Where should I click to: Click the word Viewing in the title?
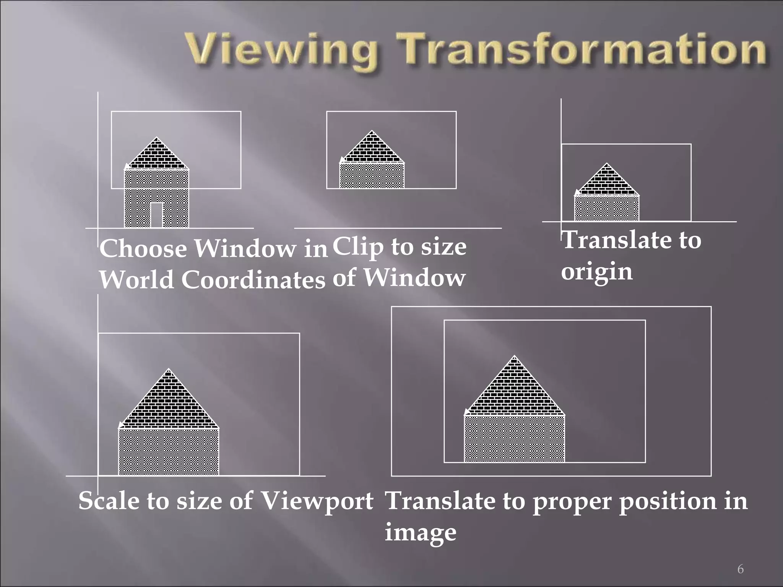281,52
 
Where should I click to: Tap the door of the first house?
156,215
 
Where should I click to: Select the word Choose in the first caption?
143,249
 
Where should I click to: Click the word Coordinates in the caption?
253,280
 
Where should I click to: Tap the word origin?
597,272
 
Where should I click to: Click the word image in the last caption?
421,532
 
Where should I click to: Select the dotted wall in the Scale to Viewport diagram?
169,452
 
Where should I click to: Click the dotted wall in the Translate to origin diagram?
607,208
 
